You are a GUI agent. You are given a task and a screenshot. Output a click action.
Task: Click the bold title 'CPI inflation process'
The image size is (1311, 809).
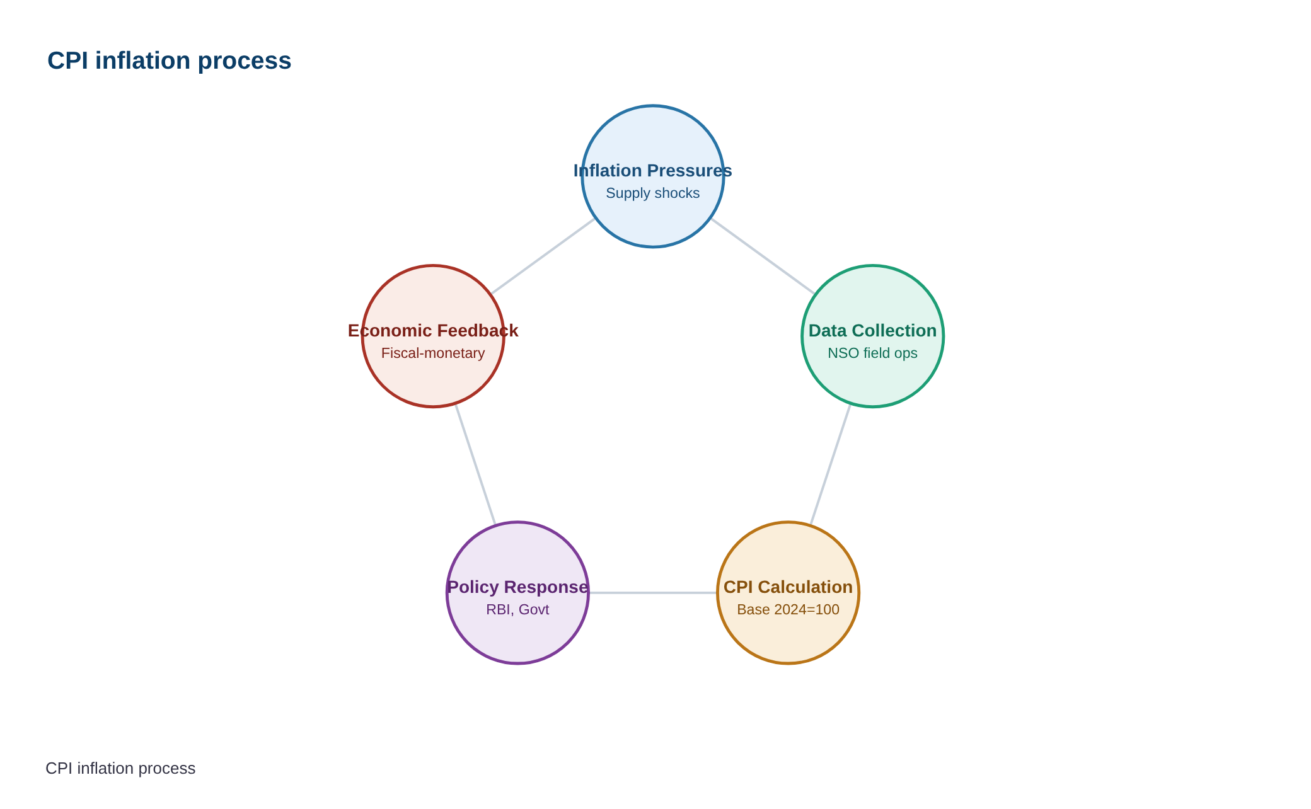pos(169,61)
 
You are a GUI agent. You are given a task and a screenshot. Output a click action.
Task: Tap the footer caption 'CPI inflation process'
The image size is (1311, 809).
pos(120,769)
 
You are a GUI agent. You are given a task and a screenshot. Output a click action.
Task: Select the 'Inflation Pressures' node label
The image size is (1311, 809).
pos(652,171)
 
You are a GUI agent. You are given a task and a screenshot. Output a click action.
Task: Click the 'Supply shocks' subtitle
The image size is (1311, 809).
pos(652,193)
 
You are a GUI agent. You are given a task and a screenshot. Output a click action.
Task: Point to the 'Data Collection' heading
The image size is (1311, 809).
pos(872,331)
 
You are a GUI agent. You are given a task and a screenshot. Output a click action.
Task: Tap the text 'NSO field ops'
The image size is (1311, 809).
pos(872,353)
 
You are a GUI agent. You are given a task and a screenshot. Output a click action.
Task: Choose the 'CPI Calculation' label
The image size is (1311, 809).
pos(788,587)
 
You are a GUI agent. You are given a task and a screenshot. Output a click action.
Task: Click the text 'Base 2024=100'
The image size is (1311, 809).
pos(788,610)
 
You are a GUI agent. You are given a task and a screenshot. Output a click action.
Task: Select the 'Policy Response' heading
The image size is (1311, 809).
pos(517,587)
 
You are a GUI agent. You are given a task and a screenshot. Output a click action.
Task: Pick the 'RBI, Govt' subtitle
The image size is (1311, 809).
pos(517,610)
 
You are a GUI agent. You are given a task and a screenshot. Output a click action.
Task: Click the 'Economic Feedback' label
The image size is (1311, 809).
pos(433,331)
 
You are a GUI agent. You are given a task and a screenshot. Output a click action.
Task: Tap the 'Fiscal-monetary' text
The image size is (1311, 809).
pos(433,353)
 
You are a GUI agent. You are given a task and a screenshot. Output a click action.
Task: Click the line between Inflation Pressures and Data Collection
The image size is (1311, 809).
pos(763,256)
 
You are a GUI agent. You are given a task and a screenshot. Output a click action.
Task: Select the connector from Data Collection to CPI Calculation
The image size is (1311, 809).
pos(830,464)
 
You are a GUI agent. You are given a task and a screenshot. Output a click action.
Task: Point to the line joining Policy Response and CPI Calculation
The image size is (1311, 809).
pos(653,593)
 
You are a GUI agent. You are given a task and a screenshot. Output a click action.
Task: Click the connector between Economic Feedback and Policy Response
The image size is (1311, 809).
pos(475,464)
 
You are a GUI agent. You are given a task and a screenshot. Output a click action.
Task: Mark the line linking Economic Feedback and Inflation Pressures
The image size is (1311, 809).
pos(543,256)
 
